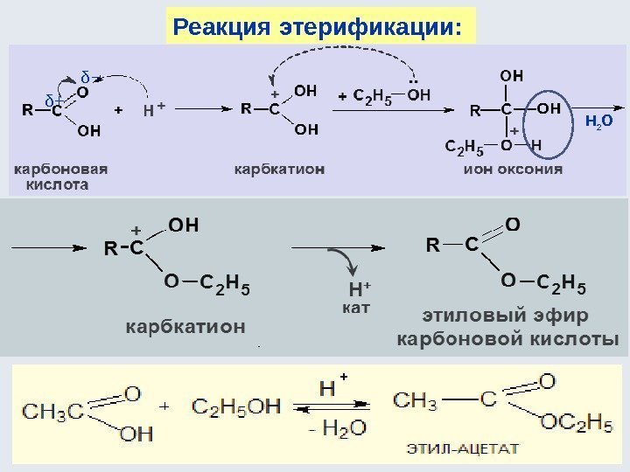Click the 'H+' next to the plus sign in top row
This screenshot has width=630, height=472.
(153, 111)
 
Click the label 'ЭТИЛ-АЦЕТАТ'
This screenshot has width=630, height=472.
(462, 449)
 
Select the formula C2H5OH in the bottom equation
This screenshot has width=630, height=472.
(236, 406)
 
